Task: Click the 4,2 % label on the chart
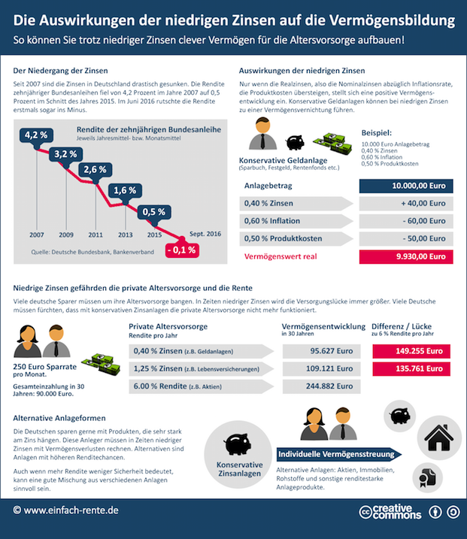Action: [x=36, y=135]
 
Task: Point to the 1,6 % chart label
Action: [x=125, y=190]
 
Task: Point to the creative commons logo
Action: [x=390, y=513]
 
